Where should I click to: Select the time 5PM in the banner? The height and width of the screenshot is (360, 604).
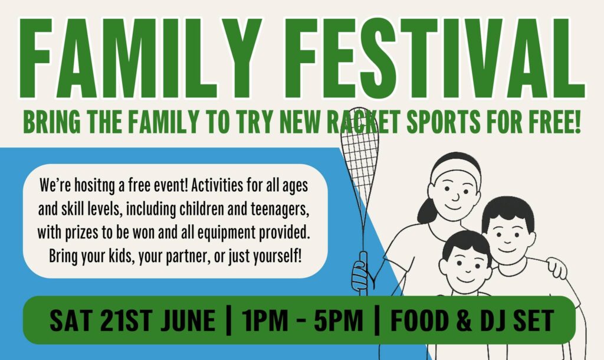point(339,320)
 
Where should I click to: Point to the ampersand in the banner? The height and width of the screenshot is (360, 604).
point(464,320)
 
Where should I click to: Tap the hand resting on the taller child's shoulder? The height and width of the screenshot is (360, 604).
point(557,268)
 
